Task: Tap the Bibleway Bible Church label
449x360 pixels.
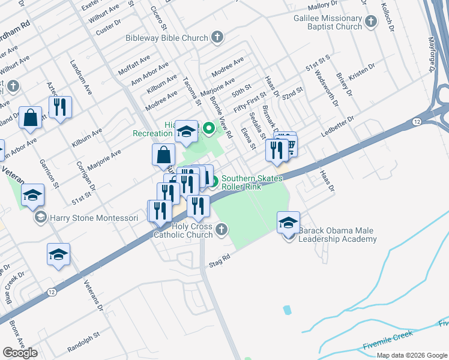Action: click(x=166, y=37)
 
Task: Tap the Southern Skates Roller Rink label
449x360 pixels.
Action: click(x=250, y=182)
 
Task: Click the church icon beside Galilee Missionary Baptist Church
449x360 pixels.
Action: click(x=371, y=22)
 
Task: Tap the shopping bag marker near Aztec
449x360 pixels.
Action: click(x=30, y=118)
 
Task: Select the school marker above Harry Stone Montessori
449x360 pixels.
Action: click(x=33, y=194)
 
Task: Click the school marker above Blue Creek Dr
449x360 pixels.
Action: click(x=58, y=255)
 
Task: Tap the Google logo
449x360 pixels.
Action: click(x=20, y=353)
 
